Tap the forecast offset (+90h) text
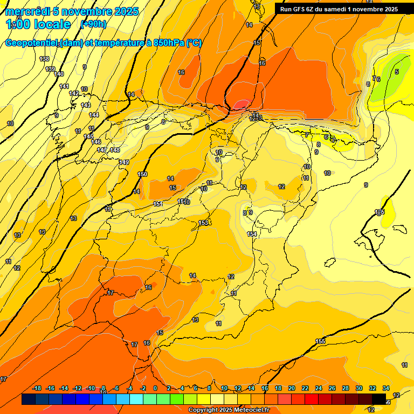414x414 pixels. coord(93,24)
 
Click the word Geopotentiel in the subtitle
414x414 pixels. coord(31,43)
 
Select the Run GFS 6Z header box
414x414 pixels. coord(339,9)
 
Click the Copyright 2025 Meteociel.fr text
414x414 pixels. coord(229,410)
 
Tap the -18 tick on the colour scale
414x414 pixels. coord(37,388)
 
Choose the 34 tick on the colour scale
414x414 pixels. coord(386,388)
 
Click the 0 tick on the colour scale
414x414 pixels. coord(155,388)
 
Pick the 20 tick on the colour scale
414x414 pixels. coord(292,388)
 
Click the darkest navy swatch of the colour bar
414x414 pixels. coord(29,399)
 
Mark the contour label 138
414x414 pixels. coord(44,59)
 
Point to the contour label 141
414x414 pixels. coord(64,86)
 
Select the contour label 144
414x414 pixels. coord(94,115)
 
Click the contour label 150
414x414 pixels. coord(142,174)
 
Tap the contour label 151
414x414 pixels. coord(157,204)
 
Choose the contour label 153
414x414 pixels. coord(203,223)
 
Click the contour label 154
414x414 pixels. coord(252,234)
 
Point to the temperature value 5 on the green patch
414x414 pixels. coord(397,72)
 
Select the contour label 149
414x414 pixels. coord(125,162)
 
